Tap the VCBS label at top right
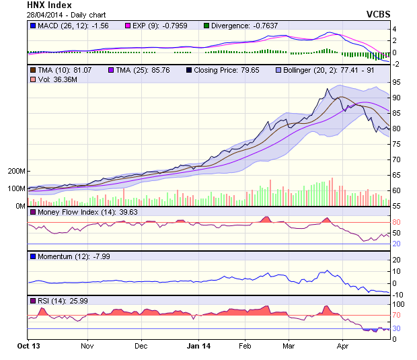(378, 14)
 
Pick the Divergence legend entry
(243, 26)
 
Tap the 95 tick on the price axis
(397, 82)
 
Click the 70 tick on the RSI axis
(397, 315)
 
